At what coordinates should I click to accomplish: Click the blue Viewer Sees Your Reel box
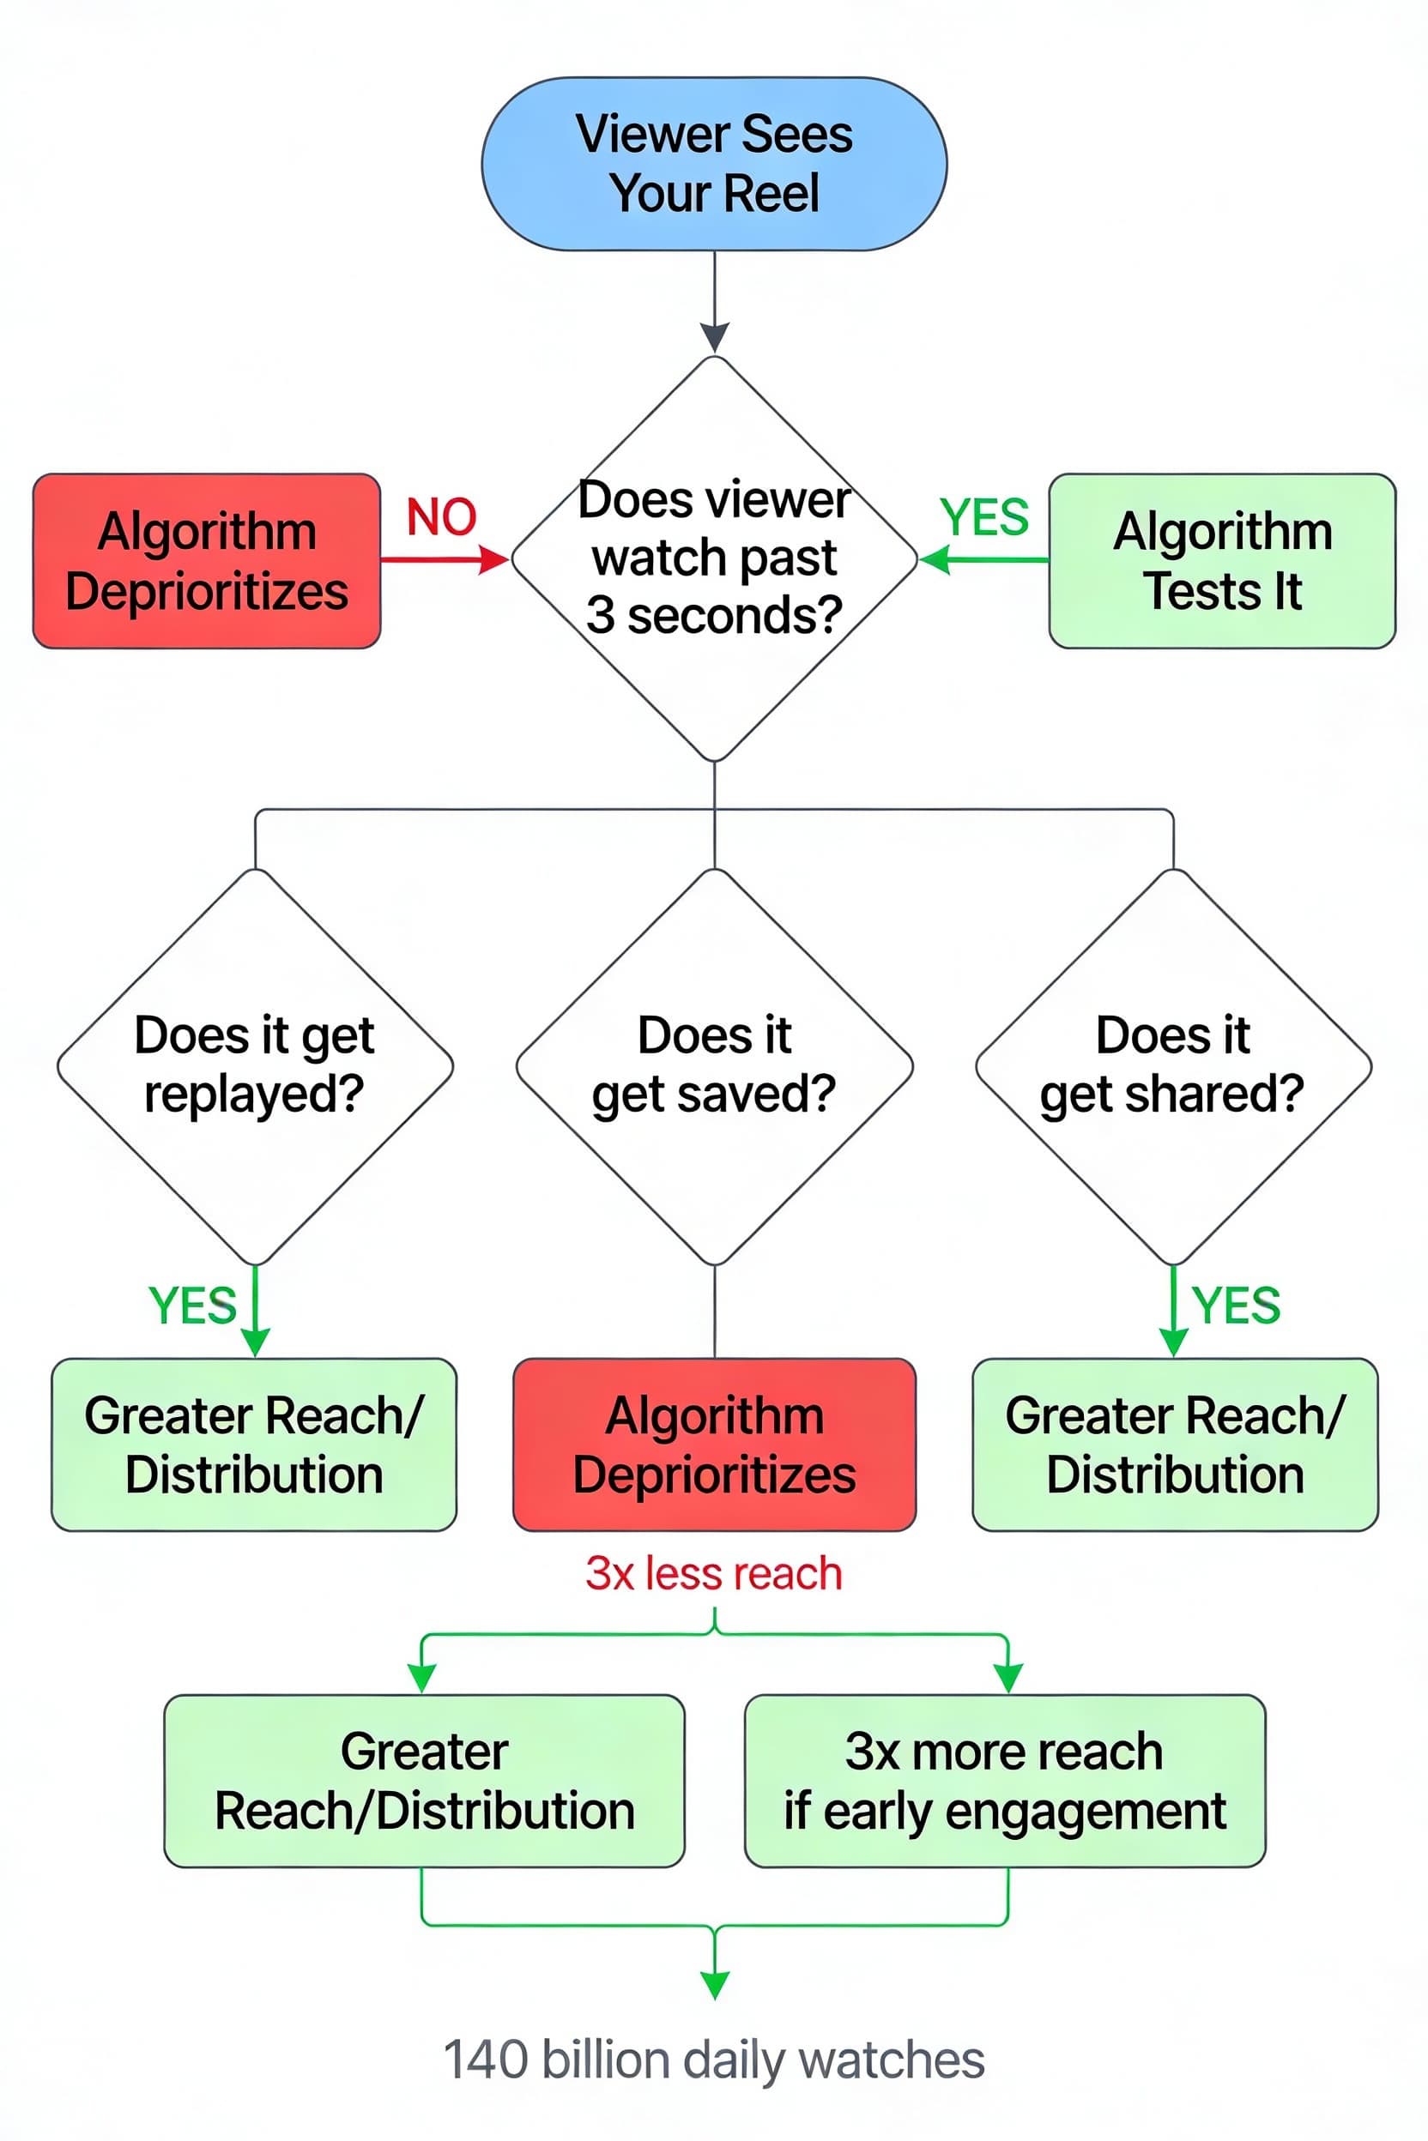(x=714, y=164)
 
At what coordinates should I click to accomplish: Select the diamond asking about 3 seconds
(x=714, y=558)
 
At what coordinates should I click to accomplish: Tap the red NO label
(x=441, y=517)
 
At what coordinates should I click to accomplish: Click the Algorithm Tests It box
(x=1222, y=560)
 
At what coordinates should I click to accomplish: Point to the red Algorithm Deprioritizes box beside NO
(x=207, y=560)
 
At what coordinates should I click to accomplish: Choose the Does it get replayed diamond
(x=255, y=1065)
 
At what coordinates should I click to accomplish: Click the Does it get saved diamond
(x=714, y=1065)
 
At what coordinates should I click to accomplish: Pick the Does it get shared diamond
(x=1173, y=1065)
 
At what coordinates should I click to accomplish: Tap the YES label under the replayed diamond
(x=192, y=1306)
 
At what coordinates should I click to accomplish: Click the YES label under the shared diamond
(x=1236, y=1306)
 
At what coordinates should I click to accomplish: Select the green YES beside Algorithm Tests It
(x=984, y=517)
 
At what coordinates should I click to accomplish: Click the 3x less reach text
(x=714, y=1573)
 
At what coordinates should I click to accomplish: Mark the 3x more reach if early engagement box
(x=1005, y=1781)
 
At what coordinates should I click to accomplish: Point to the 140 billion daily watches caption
(x=714, y=2059)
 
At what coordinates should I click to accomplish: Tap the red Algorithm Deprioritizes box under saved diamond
(x=714, y=1444)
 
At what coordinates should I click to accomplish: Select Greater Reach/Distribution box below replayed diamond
(x=254, y=1444)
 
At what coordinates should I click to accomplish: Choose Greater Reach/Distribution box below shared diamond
(x=1175, y=1444)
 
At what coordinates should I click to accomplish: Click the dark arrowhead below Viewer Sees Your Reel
(x=715, y=337)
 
